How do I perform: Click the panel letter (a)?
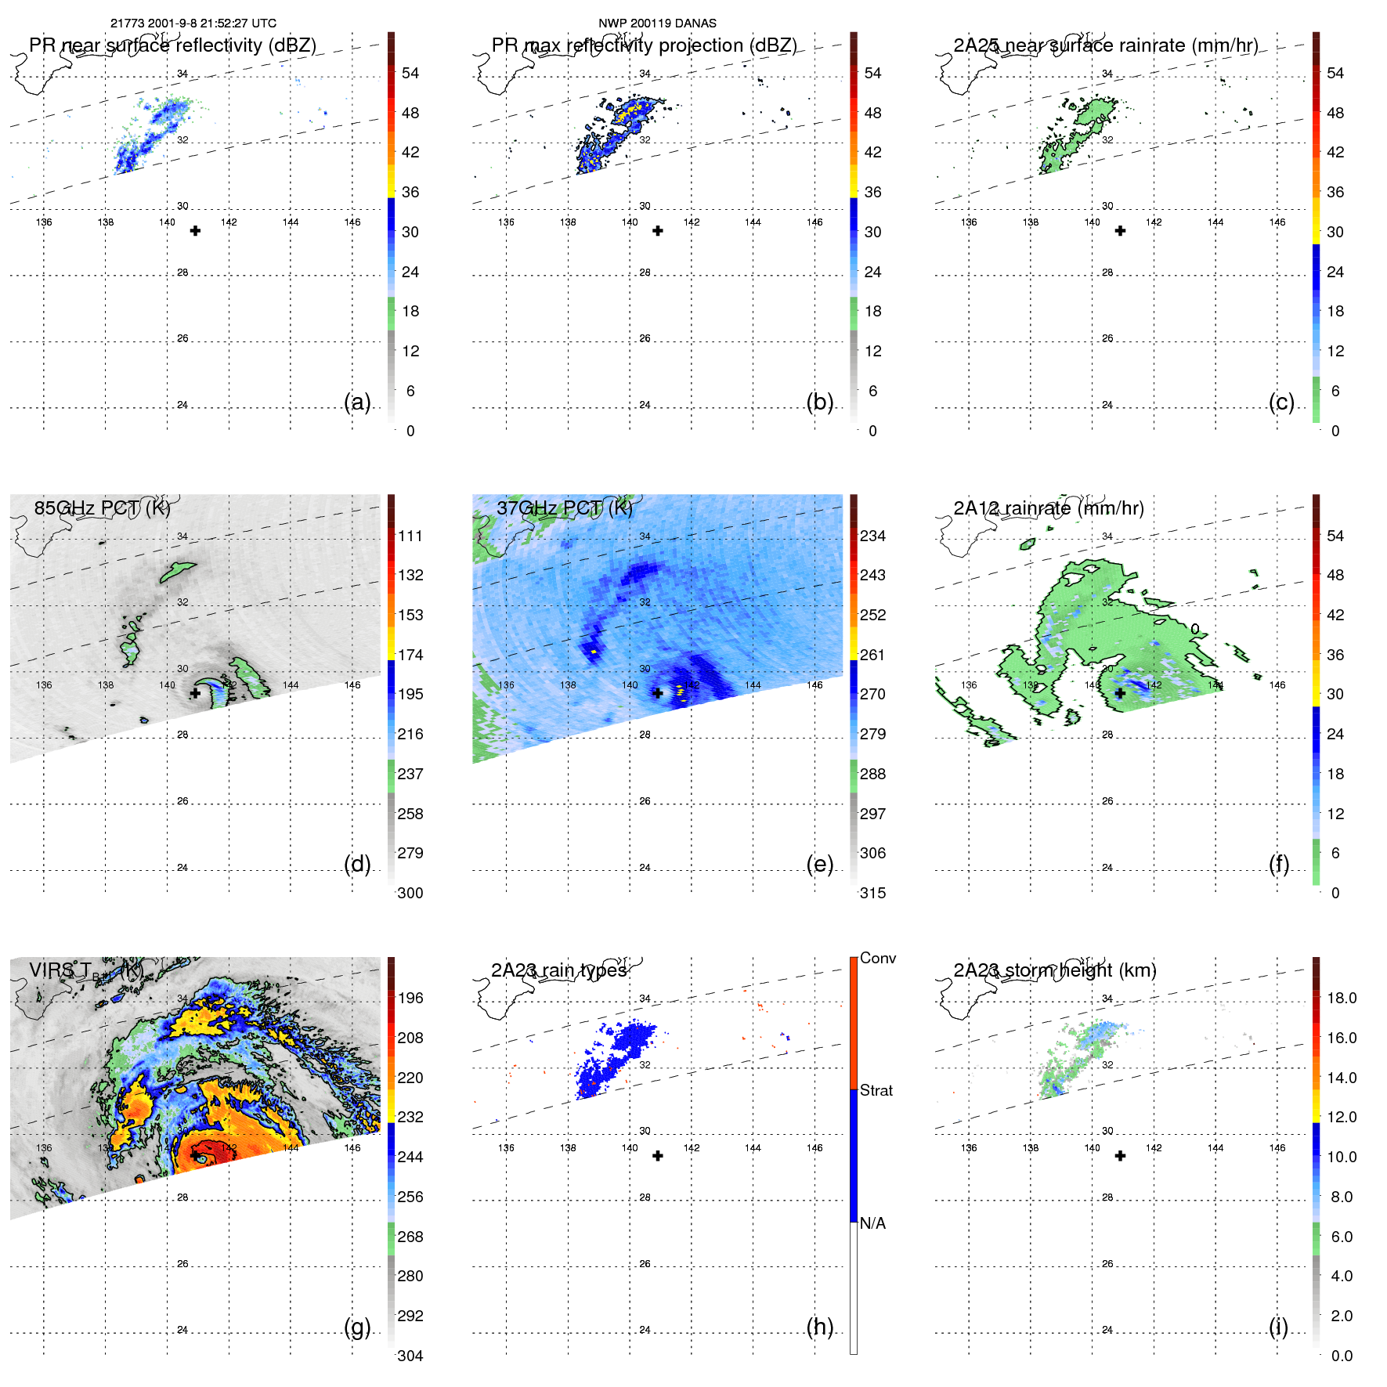[357, 402]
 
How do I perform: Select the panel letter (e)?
[820, 864]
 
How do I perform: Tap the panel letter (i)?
[1278, 1327]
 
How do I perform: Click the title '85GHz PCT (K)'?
[102, 507]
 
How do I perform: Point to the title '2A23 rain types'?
[559, 970]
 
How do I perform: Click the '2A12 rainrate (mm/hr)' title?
[1049, 507]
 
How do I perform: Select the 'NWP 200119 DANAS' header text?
[657, 23]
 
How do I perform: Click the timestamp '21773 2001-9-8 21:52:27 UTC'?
[193, 23]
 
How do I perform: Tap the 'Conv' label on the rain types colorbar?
[878, 958]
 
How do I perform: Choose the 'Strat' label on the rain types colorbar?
[876, 1090]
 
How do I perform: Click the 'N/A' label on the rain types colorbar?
[872, 1223]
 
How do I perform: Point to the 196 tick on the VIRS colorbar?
[410, 998]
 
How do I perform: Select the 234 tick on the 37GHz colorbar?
[872, 536]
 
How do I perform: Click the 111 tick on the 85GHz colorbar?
[410, 536]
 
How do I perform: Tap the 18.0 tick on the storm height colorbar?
[1342, 998]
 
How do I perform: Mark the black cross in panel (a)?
[195, 231]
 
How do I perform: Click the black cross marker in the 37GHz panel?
[658, 693]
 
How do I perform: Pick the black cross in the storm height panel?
[1120, 1156]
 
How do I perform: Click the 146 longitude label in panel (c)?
[1277, 222]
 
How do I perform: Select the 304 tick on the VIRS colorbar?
[410, 1356]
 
